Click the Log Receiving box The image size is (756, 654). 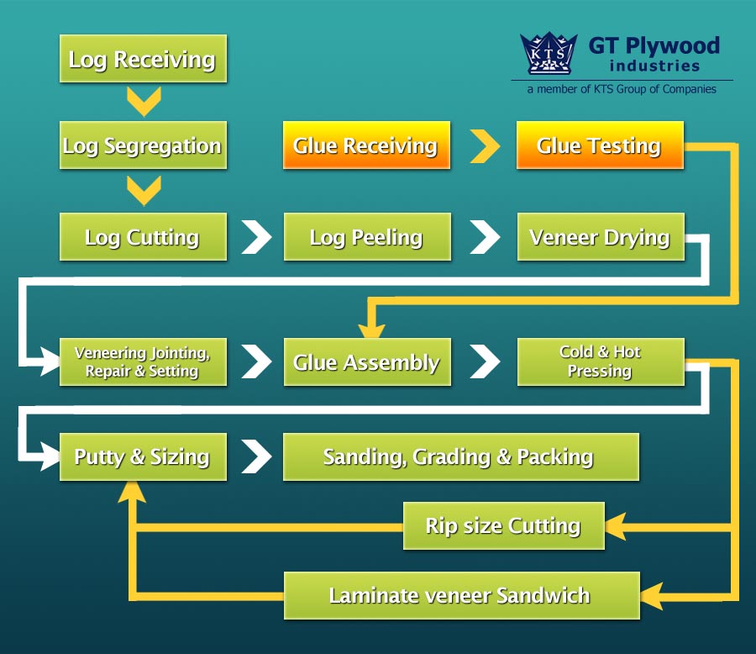[143, 58]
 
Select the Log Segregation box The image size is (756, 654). [143, 145]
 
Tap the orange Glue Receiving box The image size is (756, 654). [366, 145]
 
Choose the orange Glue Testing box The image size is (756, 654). [600, 145]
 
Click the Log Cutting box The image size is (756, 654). [143, 236]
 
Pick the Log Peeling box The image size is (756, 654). [367, 236]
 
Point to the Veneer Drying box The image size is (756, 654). [601, 236]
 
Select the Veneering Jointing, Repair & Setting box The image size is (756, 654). [143, 361]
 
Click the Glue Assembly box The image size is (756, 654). [367, 361]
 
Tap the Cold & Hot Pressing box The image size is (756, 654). [601, 361]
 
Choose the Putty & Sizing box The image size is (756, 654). [143, 456]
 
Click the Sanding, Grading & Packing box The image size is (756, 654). [461, 456]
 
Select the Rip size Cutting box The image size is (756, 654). [504, 525]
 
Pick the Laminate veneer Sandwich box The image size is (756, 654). [462, 596]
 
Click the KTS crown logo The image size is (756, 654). [549, 53]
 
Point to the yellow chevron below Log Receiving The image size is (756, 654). [144, 102]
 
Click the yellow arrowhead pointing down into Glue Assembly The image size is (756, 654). [372, 331]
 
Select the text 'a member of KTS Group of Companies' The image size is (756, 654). [622, 89]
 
